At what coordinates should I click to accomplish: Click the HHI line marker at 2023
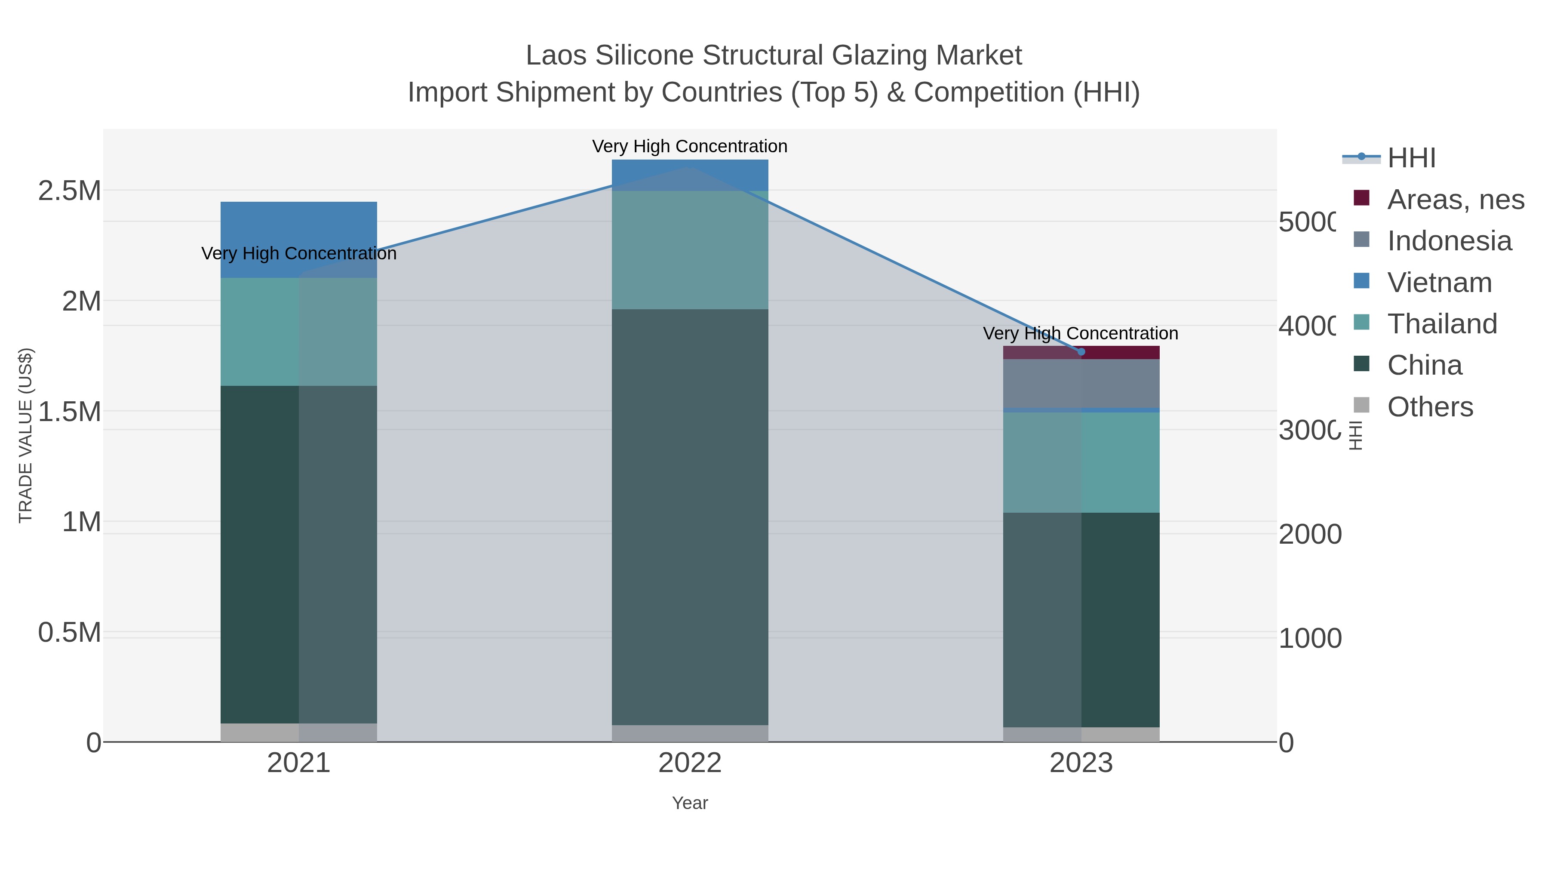(x=1081, y=352)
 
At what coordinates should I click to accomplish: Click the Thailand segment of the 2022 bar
(x=690, y=249)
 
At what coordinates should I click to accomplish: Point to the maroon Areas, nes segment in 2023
(x=1121, y=352)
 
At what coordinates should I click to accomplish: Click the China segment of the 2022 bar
(x=690, y=517)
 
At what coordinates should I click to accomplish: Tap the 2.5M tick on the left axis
(x=70, y=191)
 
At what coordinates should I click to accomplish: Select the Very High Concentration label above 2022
(x=690, y=146)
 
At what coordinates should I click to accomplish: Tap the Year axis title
(x=690, y=803)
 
